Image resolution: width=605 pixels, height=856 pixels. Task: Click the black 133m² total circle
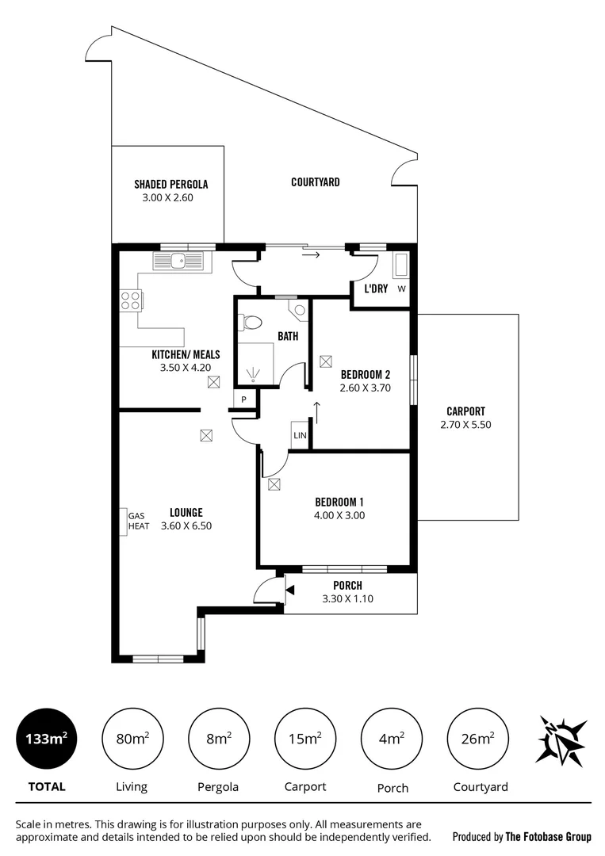click(x=47, y=739)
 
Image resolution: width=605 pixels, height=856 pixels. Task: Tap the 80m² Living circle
click(x=132, y=739)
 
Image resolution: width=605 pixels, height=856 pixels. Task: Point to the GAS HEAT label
click(x=139, y=521)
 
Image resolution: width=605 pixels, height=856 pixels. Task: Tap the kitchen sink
click(x=179, y=259)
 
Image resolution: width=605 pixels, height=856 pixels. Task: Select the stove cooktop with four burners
click(x=130, y=300)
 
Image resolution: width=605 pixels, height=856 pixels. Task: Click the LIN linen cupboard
click(x=300, y=436)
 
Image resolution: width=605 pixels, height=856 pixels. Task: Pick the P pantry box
click(x=244, y=400)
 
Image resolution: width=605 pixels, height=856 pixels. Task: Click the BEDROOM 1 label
click(x=339, y=502)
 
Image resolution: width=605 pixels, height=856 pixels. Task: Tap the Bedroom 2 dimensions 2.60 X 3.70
click(x=365, y=388)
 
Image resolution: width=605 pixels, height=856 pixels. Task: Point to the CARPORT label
click(x=465, y=411)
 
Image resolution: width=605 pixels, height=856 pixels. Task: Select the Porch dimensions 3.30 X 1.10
click(x=347, y=599)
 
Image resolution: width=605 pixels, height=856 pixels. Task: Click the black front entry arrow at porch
click(x=289, y=590)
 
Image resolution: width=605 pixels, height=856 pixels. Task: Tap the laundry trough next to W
click(x=400, y=265)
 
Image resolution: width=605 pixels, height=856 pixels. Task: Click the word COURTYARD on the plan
click(x=315, y=182)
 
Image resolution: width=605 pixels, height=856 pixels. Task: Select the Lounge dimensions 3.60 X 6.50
click(x=186, y=525)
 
